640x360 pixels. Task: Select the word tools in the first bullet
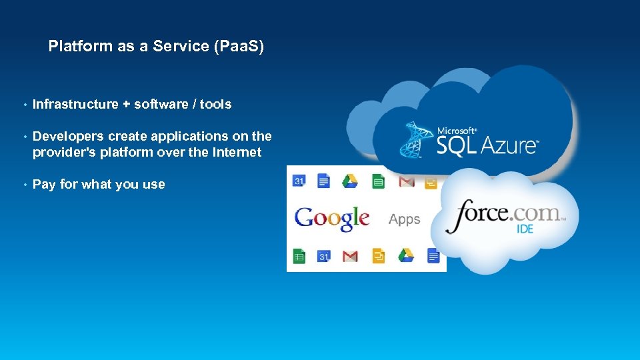tap(216, 104)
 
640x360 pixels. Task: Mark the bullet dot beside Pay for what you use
tap(25, 185)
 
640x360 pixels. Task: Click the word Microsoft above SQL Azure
tap(457, 131)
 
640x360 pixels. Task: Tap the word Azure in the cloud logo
tap(505, 145)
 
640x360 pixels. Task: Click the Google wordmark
tap(332, 218)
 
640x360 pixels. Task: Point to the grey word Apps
tap(404, 219)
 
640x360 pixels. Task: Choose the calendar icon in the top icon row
tap(299, 180)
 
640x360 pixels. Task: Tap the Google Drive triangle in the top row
tap(350, 181)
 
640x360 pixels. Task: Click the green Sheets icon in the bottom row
tap(299, 255)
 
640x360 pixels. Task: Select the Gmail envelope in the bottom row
tap(350, 256)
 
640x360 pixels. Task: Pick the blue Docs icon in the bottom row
tap(433, 255)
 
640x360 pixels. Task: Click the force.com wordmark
tap(505, 215)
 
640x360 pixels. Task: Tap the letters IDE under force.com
tap(526, 229)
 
